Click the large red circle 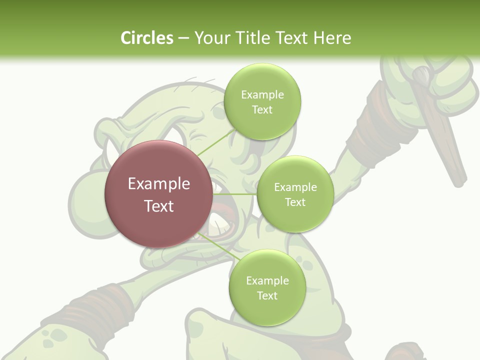pos(158,220)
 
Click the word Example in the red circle pos(159,184)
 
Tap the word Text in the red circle pos(159,206)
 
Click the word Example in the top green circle pos(262,95)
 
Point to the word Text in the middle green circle pos(295,202)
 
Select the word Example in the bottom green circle pos(267,281)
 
